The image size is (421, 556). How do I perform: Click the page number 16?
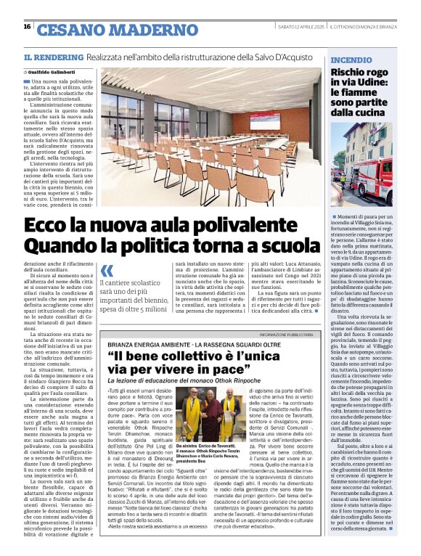tap(27, 27)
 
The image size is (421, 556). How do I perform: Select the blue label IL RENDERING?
tap(54, 57)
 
